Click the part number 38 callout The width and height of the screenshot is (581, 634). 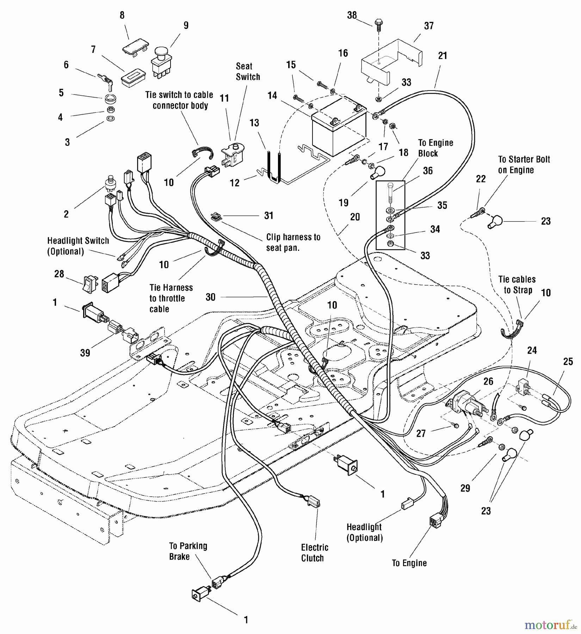[352, 15]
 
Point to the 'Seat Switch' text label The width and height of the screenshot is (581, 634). [248, 72]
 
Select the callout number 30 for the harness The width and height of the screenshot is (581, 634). [210, 297]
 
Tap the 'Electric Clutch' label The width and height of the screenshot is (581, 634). [314, 553]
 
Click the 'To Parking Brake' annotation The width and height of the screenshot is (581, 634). [188, 551]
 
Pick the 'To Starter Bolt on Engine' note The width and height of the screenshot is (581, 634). [524, 164]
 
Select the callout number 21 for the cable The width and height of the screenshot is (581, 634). [442, 56]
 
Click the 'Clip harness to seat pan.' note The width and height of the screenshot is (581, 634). [293, 242]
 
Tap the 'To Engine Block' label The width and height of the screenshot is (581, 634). [435, 148]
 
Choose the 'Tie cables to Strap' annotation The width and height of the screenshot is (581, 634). [517, 285]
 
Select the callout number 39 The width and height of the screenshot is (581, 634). [85, 353]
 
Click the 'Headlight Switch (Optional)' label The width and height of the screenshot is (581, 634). [78, 246]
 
